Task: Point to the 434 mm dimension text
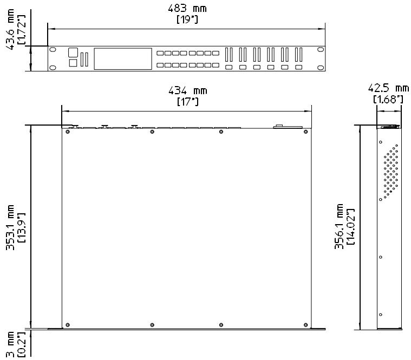click(x=187, y=90)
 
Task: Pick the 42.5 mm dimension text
click(x=388, y=88)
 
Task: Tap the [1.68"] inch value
click(x=388, y=99)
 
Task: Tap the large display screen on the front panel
click(x=123, y=58)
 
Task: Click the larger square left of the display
click(x=73, y=53)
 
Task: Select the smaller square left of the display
click(x=73, y=63)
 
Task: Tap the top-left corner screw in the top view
click(x=67, y=132)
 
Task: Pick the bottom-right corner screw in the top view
click(x=306, y=325)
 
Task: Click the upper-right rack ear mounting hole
click(x=321, y=49)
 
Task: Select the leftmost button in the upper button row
click(x=161, y=53)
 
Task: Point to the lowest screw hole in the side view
click(x=381, y=315)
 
